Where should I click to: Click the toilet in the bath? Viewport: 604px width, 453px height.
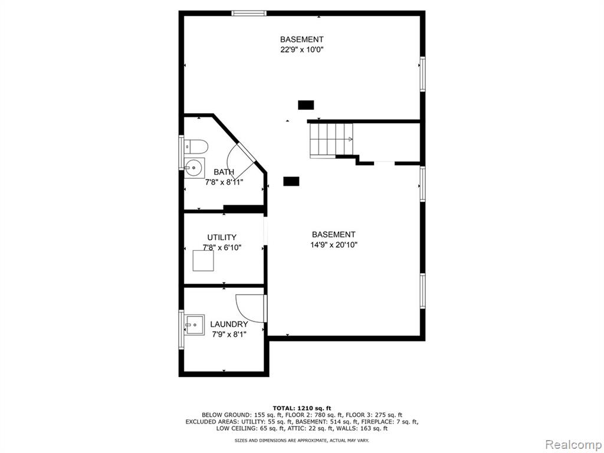coord(196,146)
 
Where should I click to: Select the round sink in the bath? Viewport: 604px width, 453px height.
coord(194,168)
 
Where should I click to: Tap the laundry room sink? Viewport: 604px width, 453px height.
coord(194,325)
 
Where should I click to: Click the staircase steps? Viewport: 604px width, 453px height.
coord(331,140)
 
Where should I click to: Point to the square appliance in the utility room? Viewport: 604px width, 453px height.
coord(203,260)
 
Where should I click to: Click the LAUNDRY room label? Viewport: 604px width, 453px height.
coord(229,324)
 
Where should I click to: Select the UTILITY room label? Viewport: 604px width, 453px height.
coord(222,237)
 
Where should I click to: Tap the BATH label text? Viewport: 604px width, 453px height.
coord(224,172)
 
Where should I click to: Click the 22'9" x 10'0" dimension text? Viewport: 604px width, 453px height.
coord(301,50)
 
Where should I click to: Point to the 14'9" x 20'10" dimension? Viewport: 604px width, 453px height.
coord(334,245)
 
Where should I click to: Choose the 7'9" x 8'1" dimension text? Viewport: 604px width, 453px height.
coord(229,334)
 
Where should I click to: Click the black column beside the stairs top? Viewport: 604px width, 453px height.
coord(306,105)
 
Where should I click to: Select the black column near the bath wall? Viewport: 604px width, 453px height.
coord(291,181)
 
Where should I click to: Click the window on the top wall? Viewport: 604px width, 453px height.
coord(249,14)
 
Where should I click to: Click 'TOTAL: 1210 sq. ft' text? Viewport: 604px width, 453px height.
coord(301,408)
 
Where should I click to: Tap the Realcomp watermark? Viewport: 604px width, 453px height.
coord(573,444)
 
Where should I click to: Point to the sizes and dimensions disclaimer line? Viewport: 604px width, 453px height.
coord(301,440)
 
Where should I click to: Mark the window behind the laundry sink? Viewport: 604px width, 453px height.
coord(181,329)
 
